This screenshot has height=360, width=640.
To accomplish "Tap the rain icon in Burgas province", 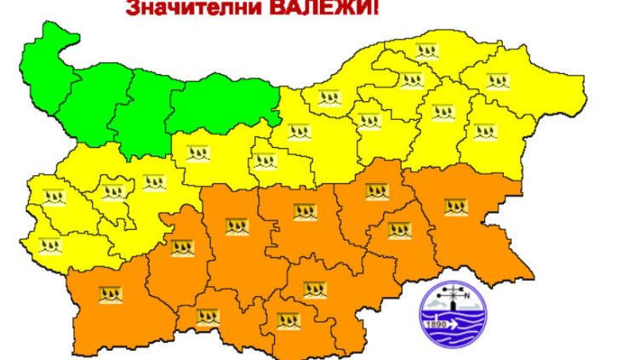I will [x=456, y=205].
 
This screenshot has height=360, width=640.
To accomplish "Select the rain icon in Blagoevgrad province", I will [x=108, y=296].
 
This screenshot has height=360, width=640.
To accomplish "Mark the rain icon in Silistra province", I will [x=423, y=49].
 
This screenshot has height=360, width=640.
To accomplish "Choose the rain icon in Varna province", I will [x=484, y=132].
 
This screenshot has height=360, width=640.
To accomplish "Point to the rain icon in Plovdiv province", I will [x=236, y=226].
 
